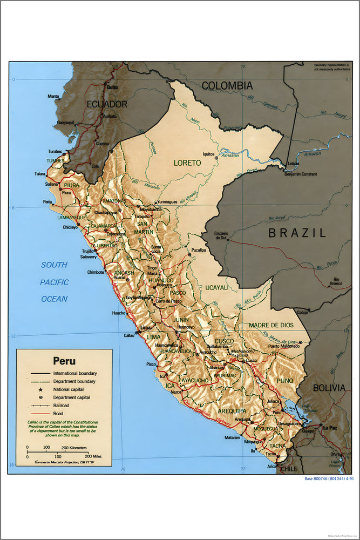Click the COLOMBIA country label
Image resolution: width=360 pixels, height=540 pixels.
coord(227,85)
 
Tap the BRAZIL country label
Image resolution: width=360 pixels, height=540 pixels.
coord(297,233)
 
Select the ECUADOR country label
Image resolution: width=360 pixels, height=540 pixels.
coord(107,104)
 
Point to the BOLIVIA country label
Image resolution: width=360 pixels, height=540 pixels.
coord(328,388)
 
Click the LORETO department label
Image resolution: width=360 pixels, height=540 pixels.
coord(187,162)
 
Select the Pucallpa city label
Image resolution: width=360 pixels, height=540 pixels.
coord(198,251)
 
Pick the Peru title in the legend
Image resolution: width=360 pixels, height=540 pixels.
coord(64,361)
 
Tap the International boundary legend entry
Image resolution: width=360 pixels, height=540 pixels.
coord(75,373)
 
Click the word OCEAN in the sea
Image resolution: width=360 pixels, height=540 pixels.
coord(54,299)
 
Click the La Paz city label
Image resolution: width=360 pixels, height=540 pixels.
coord(329,428)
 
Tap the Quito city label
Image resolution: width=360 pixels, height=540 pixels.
coord(112,87)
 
